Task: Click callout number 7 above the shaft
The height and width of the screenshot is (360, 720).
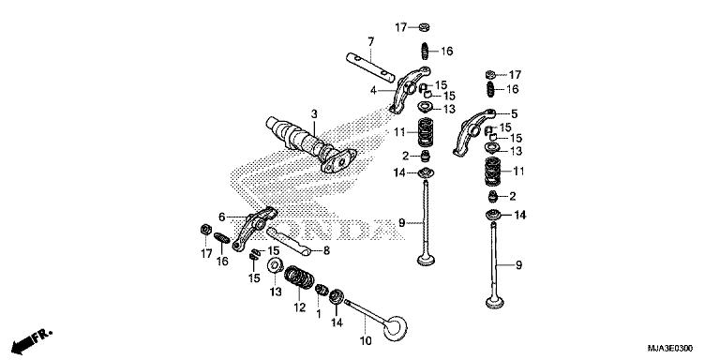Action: [x=370, y=41]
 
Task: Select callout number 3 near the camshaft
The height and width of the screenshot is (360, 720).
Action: [x=314, y=114]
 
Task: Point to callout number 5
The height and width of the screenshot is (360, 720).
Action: [x=513, y=114]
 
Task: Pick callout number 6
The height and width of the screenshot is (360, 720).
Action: [x=222, y=216]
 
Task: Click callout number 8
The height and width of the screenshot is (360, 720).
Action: [x=326, y=250]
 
